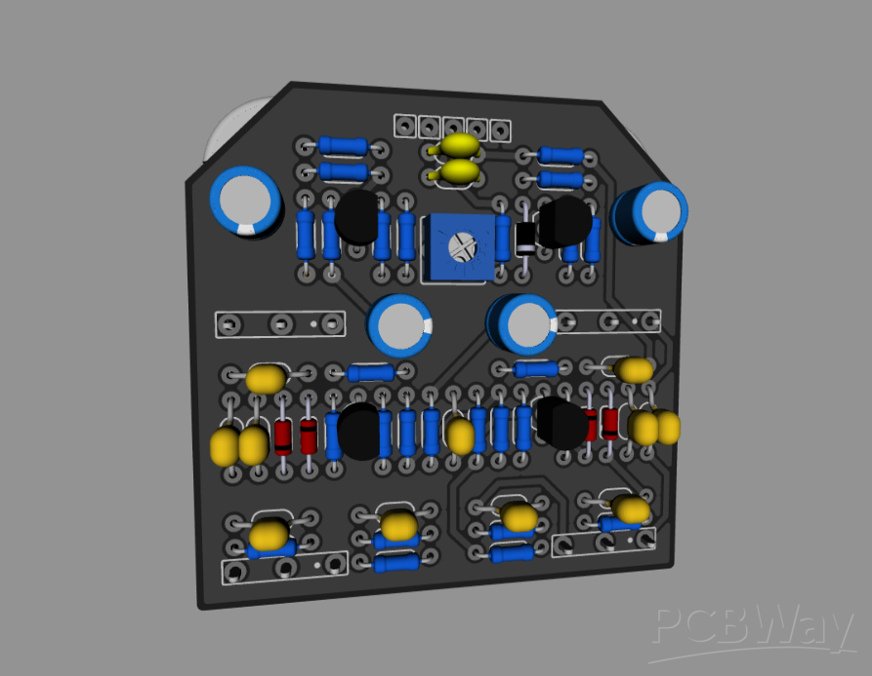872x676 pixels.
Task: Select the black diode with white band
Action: (x=526, y=235)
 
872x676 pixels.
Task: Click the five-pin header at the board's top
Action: (x=453, y=127)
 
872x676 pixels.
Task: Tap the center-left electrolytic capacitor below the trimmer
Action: (x=400, y=326)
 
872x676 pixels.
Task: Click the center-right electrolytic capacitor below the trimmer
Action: (x=522, y=325)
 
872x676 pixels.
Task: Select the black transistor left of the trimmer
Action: (x=356, y=217)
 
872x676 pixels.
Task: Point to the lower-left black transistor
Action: (x=358, y=431)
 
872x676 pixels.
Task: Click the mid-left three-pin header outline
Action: (x=279, y=323)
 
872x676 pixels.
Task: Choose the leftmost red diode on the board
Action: (x=283, y=437)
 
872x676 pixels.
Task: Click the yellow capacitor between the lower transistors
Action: (x=460, y=435)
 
